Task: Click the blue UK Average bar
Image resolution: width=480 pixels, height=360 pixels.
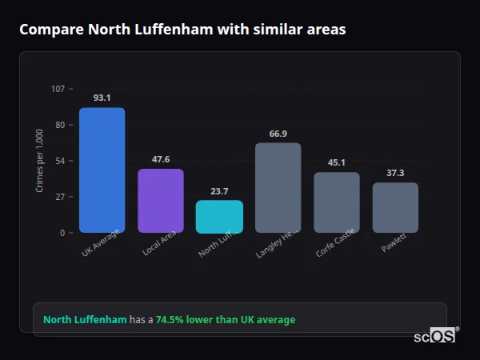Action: pyautogui.click(x=102, y=170)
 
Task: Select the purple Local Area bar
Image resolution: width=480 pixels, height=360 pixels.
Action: pyautogui.click(x=161, y=200)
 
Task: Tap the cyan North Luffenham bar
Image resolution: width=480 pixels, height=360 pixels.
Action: pyautogui.click(x=219, y=216)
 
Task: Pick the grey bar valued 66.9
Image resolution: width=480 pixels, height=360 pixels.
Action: pyautogui.click(x=278, y=187)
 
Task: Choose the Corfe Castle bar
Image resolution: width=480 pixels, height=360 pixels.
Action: pyautogui.click(x=337, y=202)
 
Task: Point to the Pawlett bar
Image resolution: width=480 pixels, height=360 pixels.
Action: pyautogui.click(x=395, y=207)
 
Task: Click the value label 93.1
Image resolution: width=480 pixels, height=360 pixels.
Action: pyautogui.click(x=102, y=98)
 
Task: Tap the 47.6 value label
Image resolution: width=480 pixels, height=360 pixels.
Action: pyautogui.click(x=161, y=159)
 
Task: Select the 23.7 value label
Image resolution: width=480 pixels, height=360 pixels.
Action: pyautogui.click(x=219, y=190)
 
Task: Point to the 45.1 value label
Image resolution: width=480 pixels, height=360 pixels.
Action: pyautogui.click(x=337, y=162)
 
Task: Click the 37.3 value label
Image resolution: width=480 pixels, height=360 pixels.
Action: pyautogui.click(x=395, y=173)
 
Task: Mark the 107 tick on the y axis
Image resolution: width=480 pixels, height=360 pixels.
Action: pyautogui.click(x=58, y=89)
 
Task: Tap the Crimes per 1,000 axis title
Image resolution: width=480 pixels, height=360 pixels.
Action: pyautogui.click(x=40, y=161)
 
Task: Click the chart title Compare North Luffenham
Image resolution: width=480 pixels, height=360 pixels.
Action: pyautogui.click(x=182, y=30)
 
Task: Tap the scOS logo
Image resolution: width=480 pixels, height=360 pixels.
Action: pyautogui.click(x=435, y=336)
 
